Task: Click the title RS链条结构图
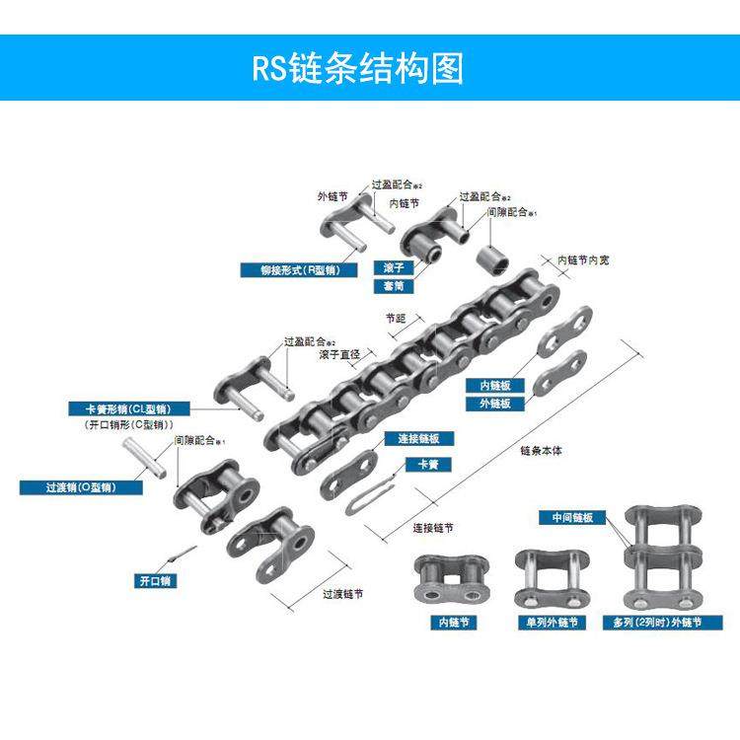(x=357, y=68)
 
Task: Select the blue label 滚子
(x=389, y=268)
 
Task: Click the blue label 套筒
(x=389, y=286)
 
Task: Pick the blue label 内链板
(x=493, y=386)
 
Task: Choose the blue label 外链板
(x=493, y=404)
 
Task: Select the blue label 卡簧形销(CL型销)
(x=122, y=408)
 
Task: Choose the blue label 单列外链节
(x=550, y=623)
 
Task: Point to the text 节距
(x=396, y=319)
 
